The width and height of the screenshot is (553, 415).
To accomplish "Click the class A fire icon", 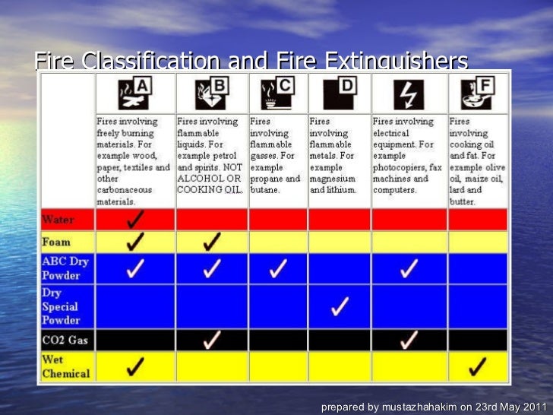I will click(134, 94).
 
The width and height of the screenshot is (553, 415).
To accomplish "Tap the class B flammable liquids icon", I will click(211, 94).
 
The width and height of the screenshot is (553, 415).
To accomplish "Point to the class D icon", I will click(339, 94).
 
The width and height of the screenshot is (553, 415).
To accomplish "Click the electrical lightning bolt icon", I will click(409, 94).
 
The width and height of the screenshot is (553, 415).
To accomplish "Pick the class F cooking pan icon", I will click(476, 94).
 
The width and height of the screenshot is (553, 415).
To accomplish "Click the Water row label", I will click(58, 220).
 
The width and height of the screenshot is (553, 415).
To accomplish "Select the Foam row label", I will click(56, 242).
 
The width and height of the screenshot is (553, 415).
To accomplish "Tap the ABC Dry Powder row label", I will click(65, 268).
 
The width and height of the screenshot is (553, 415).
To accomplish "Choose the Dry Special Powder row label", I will click(61, 307).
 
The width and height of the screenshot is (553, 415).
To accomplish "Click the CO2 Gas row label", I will click(65, 340).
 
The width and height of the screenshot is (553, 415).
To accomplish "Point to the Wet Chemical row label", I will click(65, 366).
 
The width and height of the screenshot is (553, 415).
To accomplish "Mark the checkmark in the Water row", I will click(136, 220).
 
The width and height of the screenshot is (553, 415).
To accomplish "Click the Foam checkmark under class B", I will click(213, 242).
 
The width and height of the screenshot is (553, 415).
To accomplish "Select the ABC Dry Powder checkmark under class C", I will click(278, 268).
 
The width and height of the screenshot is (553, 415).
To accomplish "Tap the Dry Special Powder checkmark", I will click(340, 306).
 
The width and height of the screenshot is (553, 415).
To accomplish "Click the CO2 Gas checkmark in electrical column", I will click(409, 339).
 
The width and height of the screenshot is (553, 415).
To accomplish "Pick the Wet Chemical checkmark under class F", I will click(477, 367).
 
